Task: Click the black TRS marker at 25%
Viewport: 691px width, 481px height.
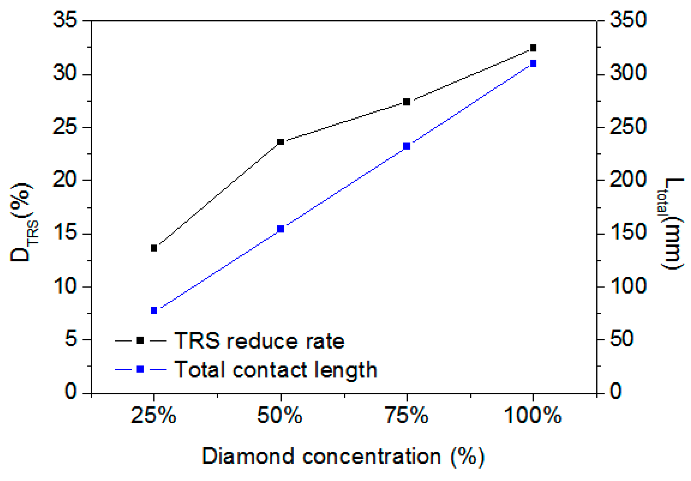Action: coord(154,248)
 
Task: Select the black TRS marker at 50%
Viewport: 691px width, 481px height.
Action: coord(281,142)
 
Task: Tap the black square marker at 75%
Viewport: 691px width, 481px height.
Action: coord(407,102)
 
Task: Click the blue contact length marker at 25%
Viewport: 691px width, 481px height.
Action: coord(154,310)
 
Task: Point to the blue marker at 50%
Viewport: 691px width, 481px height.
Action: coord(281,229)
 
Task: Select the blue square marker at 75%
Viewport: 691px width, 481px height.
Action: coord(407,146)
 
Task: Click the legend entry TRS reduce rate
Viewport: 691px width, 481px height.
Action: coord(259,341)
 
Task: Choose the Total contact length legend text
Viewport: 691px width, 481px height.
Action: coord(276,370)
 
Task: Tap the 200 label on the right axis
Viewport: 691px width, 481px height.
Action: coord(628,180)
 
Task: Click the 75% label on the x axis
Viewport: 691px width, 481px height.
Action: coord(407,416)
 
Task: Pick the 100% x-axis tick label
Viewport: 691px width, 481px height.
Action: coord(533,416)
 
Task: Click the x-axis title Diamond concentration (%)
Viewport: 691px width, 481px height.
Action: coord(343,456)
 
